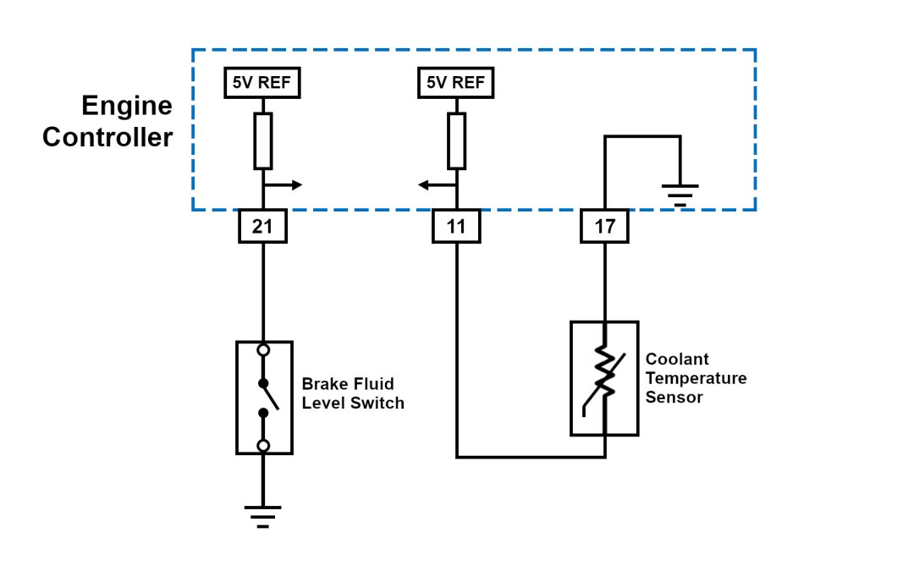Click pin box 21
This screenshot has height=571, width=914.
click(x=263, y=227)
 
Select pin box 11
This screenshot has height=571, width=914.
click(x=457, y=227)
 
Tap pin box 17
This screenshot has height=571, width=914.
click(x=605, y=227)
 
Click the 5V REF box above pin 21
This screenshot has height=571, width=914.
click(x=263, y=83)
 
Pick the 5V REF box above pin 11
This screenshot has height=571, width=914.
click(x=456, y=83)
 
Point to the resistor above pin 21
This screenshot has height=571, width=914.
click(x=263, y=140)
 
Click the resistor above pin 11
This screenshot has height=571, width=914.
click(x=457, y=140)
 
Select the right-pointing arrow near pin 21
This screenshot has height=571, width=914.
click(x=284, y=185)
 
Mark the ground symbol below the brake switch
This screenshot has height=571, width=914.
click(x=263, y=515)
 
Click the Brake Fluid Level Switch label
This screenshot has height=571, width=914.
click(x=353, y=394)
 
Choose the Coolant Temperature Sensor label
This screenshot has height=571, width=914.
click(x=696, y=377)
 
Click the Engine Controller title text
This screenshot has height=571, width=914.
click(x=108, y=122)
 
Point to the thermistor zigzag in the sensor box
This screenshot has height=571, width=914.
click(x=605, y=372)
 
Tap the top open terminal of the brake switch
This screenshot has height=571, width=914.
click(x=263, y=349)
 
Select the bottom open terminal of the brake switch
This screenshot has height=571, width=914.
click(x=263, y=445)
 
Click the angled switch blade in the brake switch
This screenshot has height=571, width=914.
click(x=270, y=395)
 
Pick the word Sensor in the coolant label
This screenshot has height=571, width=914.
click(x=674, y=397)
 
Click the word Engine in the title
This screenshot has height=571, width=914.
click(x=127, y=107)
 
